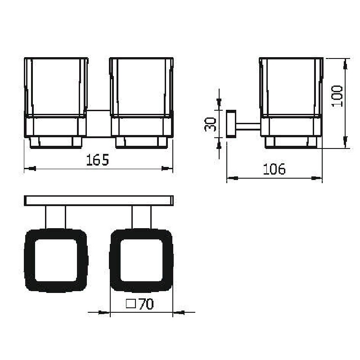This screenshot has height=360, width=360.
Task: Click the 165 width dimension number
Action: pyautogui.click(x=97, y=160)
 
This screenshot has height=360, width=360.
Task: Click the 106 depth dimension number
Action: pyautogui.click(x=274, y=169)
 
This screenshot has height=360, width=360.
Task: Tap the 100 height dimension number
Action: pyautogui.click(x=337, y=96)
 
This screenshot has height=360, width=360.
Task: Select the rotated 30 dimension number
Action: pyautogui.click(x=210, y=124)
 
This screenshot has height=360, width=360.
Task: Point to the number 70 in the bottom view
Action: pyautogui.click(x=146, y=304)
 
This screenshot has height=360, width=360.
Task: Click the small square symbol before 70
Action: pyautogui.click(x=131, y=304)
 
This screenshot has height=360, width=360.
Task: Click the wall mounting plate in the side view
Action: pyautogui.click(x=231, y=124)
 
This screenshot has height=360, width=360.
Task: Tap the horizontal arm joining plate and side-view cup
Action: pyautogui.click(x=248, y=126)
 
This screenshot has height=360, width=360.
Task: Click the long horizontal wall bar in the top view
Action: pyautogui.click(x=99, y=201)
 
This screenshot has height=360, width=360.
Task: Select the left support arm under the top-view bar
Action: pyautogui.click(x=56, y=217)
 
